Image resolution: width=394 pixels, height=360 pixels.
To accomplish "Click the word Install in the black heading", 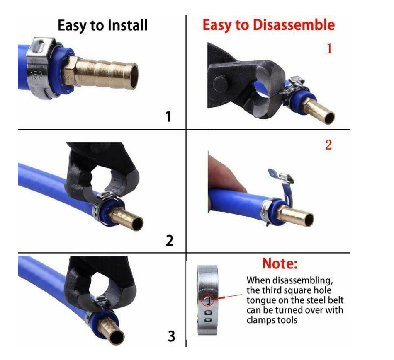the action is (x=127, y=25).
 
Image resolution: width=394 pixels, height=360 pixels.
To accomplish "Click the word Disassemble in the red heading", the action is (x=294, y=25).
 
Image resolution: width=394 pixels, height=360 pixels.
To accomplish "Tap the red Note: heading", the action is (x=280, y=263).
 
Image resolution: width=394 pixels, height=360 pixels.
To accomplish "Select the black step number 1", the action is (x=169, y=116).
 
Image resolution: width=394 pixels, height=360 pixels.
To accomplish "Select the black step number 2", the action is (x=170, y=240).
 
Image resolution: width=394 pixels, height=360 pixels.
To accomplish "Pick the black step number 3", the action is (x=171, y=336).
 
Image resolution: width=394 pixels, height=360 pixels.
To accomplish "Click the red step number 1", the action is (x=329, y=48).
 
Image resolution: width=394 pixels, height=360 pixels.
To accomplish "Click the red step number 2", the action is (x=328, y=145).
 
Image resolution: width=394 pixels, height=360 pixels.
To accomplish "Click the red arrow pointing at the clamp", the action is (x=228, y=297).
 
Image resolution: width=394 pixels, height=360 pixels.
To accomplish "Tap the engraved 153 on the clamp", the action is (x=36, y=75).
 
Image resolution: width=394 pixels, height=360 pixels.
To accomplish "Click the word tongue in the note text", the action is (x=259, y=301).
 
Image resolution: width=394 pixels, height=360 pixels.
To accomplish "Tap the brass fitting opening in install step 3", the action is (x=117, y=337).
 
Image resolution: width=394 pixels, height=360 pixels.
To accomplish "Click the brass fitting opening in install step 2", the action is (x=136, y=224).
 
